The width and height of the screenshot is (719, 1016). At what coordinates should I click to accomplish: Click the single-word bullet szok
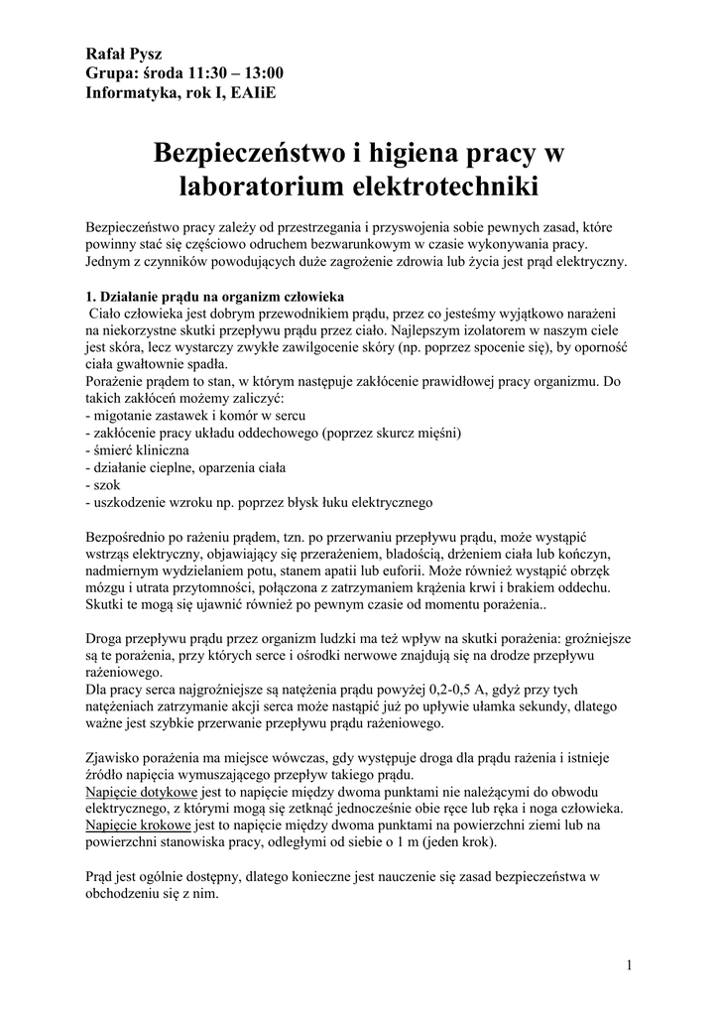(x=103, y=485)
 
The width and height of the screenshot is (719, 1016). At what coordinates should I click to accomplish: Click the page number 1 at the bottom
(x=630, y=964)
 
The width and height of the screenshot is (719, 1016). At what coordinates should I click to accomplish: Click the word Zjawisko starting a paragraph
(x=116, y=757)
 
